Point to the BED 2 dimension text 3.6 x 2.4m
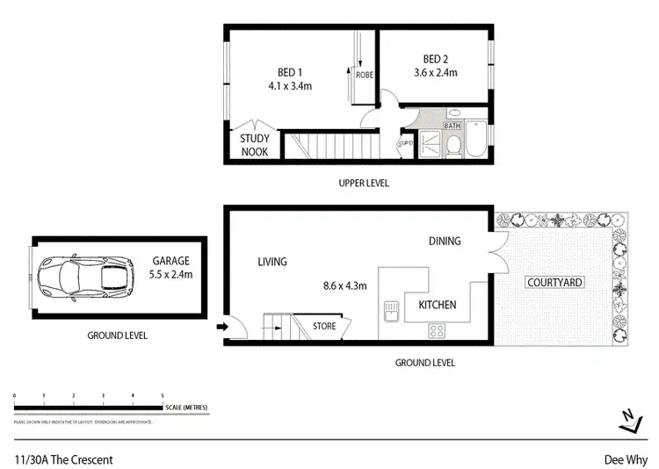(436, 73)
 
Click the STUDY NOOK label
(256, 144)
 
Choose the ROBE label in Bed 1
(364, 76)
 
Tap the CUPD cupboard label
(406, 142)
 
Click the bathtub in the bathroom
(474, 138)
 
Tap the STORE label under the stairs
(323, 327)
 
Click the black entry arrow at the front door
(221, 328)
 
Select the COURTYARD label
(554, 282)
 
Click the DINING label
(444, 241)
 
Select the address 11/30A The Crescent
(63, 458)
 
